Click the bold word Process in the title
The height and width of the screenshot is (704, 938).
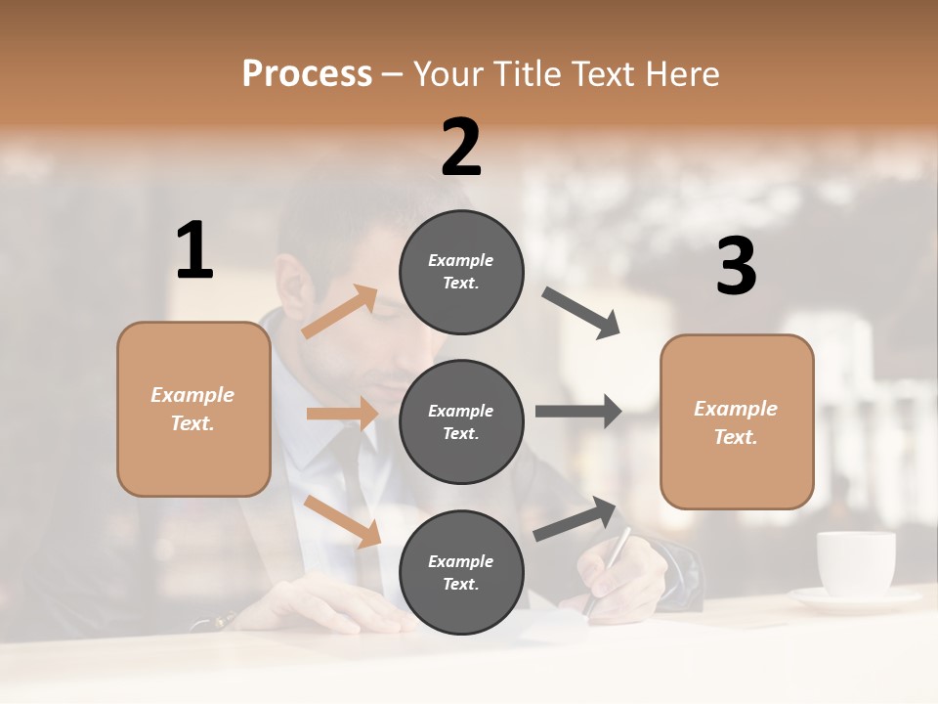click(x=307, y=74)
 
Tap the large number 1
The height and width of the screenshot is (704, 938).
click(x=194, y=250)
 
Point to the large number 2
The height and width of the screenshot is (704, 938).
click(x=461, y=148)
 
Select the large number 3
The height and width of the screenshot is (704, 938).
click(x=736, y=267)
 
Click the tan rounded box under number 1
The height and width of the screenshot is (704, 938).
click(x=193, y=409)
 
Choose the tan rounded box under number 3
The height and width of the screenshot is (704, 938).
click(x=737, y=421)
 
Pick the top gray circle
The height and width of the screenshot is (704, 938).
click(x=461, y=272)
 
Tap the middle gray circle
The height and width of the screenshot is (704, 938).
click(x=461, y=421)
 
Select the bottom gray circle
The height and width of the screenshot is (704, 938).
click(x=461, y=572)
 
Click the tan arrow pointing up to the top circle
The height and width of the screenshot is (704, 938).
click(x=340, y=312)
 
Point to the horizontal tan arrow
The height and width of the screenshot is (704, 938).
click(x=342, y=414)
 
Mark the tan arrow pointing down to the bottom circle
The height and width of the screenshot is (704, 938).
click(x=343, y=521)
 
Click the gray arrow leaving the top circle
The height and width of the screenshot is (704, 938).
click(x=581, y=313)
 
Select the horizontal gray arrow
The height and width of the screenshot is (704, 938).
click(x=578, y=411)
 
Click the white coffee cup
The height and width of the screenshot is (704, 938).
click(x=855, y=564)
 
